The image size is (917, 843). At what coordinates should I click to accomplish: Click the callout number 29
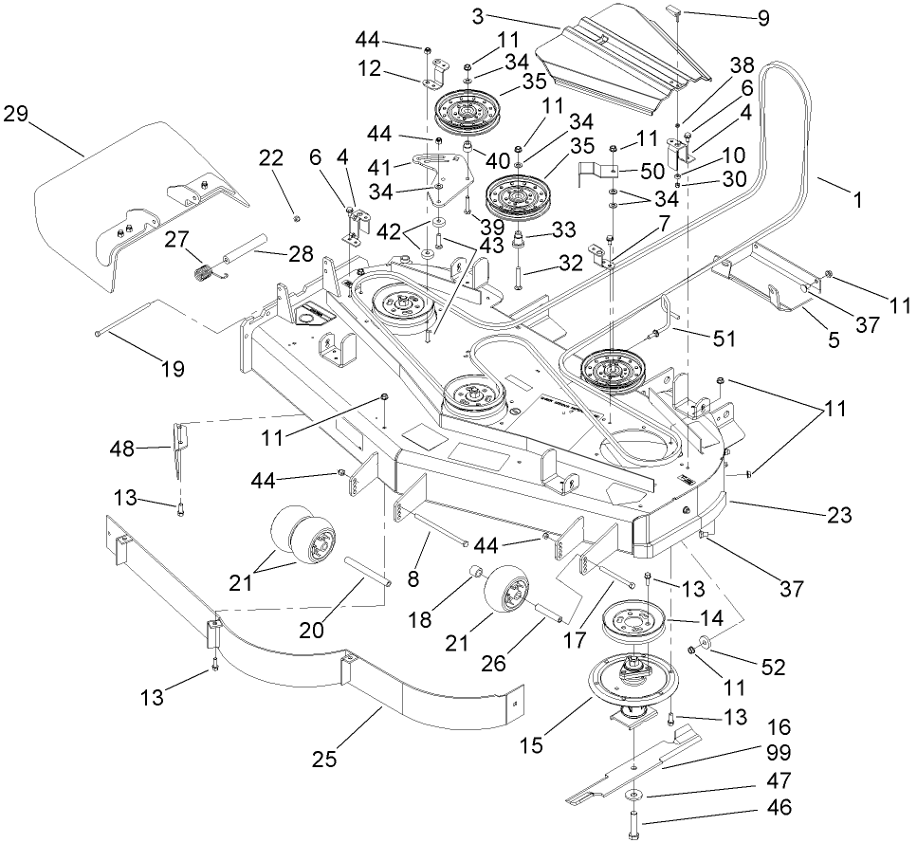18,115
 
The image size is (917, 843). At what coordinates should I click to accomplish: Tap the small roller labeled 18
476,574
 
